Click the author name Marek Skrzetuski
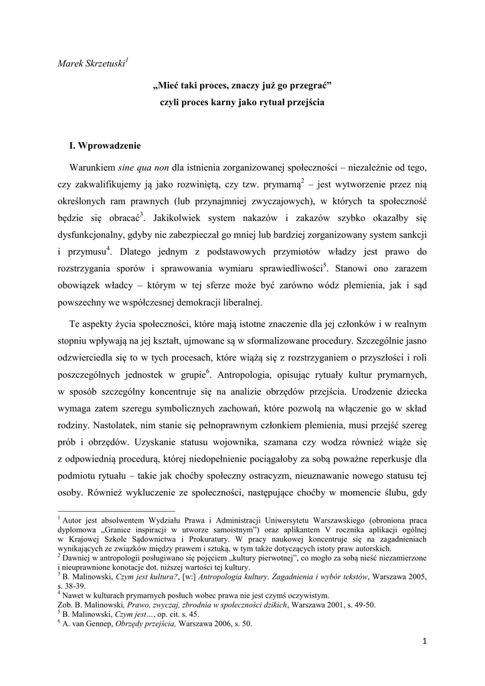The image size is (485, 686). click(92, 64)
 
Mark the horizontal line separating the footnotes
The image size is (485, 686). click(108, 510)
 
